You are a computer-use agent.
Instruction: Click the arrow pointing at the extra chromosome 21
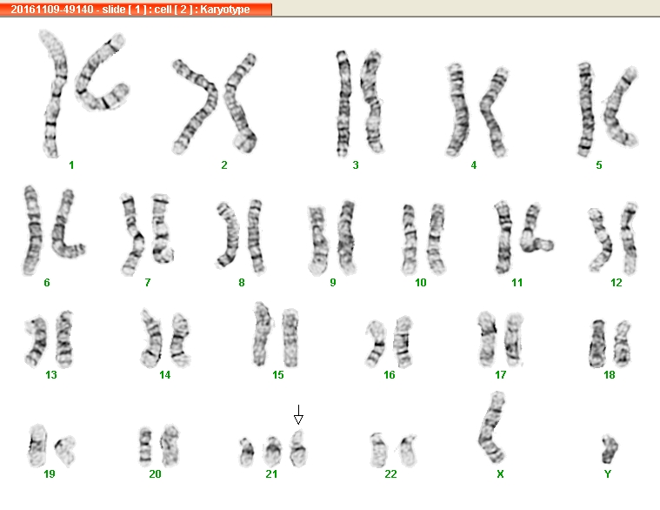pos(298,415)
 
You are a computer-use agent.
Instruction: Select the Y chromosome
pos(609,449)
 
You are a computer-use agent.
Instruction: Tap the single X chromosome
pos(492,426)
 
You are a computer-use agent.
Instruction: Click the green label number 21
pos(271,474)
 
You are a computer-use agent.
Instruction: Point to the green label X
pos(500,474)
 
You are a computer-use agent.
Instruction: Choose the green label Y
pos(607,474)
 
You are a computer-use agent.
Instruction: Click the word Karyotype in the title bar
pos(224,10)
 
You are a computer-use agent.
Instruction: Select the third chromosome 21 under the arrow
pos(298,448)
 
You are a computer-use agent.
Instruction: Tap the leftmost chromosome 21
pos(247,452)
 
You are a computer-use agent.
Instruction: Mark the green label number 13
pos(51,375)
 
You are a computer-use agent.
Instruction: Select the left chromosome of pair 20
pos(145,446)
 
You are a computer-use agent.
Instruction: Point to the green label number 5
pos(599,165)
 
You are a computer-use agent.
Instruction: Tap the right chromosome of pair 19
pos(66,451)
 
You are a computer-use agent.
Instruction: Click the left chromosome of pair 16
pos(376,344)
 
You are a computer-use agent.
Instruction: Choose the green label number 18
pos(609,375)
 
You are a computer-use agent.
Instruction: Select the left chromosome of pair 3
pos(343,104)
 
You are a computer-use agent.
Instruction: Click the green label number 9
pos(333,283)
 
